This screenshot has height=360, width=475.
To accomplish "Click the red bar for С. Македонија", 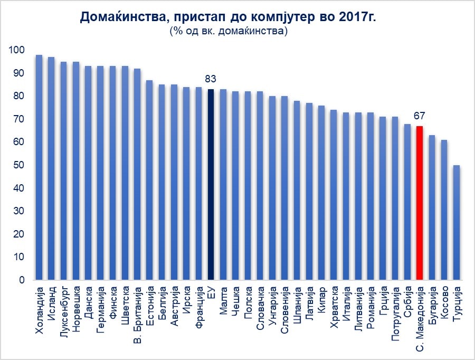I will pos(420,203).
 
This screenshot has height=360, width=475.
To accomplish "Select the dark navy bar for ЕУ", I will pos(211,185).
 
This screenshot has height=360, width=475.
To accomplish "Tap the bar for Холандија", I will pos(39,167).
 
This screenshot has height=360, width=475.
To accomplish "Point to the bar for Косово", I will pos(444,210).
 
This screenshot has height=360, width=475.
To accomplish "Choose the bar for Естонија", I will pos(149,180).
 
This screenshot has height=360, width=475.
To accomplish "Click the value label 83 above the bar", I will pos(211,79).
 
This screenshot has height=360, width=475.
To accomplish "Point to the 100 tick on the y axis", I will pos(17,50).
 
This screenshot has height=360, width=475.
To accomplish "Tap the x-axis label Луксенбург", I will pos(64,311).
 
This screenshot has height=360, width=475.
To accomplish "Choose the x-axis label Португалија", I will pos(395,313).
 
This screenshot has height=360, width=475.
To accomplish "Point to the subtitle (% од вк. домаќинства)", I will pos(229,32).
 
